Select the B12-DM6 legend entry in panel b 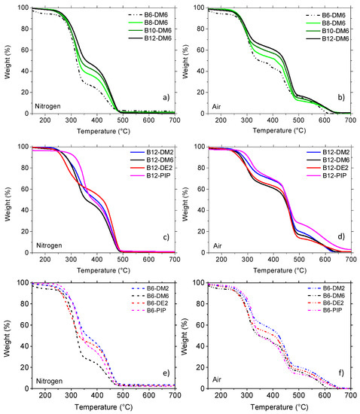[x=328, y=39]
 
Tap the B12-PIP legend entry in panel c [x=151, y=175]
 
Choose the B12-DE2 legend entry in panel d [x=328, y=168]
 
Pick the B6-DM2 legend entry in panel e [x=150, y=288]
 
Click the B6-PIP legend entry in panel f [x=325, y=310]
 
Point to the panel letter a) [x=166, y=97]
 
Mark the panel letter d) [x=341, y=236]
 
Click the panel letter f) [x=341, y=373]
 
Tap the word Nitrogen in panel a [x=47, y=106]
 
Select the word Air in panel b [x=216, y=107]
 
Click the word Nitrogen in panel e [x=49, y=382]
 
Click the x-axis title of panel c [x=103, y=270]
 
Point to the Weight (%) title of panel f [x=185, y=336]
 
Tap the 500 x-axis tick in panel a [x=123, y=120]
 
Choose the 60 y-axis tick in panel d [x=201, y=189]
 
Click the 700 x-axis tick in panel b [x=350, y=120]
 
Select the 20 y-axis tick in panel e [x=25, y=367]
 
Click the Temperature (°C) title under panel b [x=279, y=130]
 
